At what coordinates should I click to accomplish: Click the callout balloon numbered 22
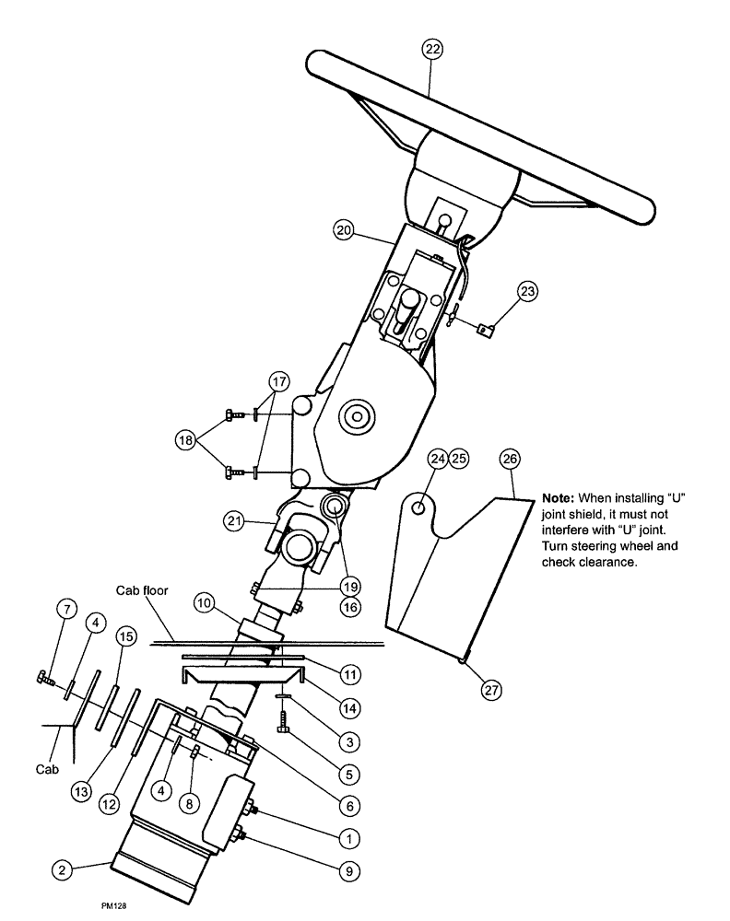point(432,49)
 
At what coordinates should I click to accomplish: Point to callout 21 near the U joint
point(234,521)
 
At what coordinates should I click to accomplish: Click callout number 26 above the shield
point(510,458)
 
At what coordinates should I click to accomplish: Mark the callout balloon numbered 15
point(126,636)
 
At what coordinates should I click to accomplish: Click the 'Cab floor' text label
point(141,589)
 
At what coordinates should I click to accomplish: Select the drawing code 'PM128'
point(114,906)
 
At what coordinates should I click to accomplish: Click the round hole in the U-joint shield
point(419,507)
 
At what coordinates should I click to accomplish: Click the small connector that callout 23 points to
point(486,327)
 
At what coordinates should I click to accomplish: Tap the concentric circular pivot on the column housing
point(353,416)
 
